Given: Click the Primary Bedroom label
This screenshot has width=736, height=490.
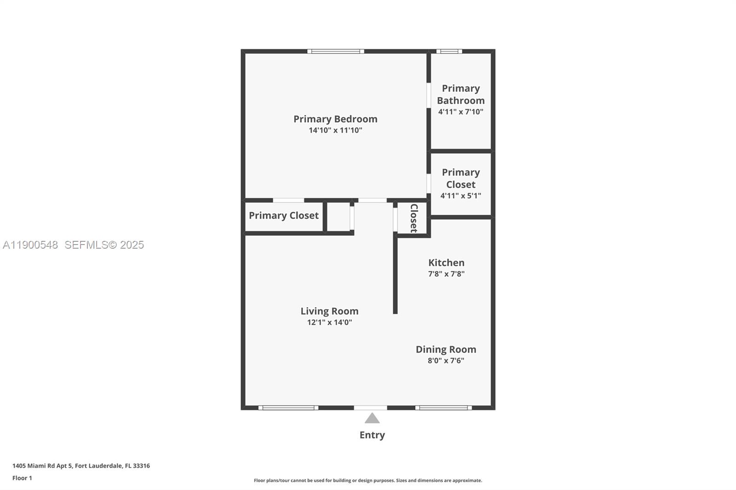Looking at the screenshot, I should tap(335, 119).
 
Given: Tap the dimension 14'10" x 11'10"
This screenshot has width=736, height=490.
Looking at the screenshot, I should tap(335, 131).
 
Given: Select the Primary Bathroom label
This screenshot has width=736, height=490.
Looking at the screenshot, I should tap(460, 94).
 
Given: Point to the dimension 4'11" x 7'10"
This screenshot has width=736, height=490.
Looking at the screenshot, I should tap(460, 112).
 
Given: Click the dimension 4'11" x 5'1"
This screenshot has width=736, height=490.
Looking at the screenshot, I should tap(460, 196).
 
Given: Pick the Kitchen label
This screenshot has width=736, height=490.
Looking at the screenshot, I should tap(446, 262).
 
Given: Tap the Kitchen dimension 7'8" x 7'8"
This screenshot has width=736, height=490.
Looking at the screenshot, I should tap(446, 274).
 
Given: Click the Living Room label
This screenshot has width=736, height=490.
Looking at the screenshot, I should tap(329, 311).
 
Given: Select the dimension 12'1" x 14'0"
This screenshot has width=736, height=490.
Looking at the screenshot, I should tap(329, 323).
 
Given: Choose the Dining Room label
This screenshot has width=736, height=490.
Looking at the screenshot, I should tap(446, 349).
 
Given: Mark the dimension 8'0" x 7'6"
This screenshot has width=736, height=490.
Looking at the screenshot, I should tap(446, 361).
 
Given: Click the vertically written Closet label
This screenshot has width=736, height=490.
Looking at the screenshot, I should tap(414, 218).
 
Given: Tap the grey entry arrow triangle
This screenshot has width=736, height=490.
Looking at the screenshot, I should tap(372, 418).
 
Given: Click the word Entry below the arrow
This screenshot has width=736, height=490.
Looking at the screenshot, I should tap(372, 435).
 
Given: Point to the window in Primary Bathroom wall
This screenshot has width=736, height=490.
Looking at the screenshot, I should tap(449, 51).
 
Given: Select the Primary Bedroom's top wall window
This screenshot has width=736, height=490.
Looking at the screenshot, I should tap(336, 51).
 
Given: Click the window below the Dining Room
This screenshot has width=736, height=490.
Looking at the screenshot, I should tap(443, 408).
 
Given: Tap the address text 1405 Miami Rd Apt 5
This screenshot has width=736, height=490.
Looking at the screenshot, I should tap(42, 466).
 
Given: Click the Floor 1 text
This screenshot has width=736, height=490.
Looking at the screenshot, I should tap(22, 478).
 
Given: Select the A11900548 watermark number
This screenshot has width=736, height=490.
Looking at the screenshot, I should tap(30, 245).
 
